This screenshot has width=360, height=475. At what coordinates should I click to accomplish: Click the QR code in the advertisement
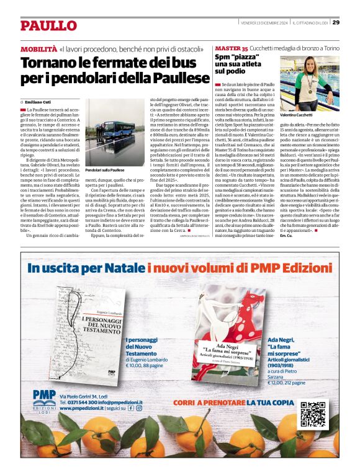point(313,414)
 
